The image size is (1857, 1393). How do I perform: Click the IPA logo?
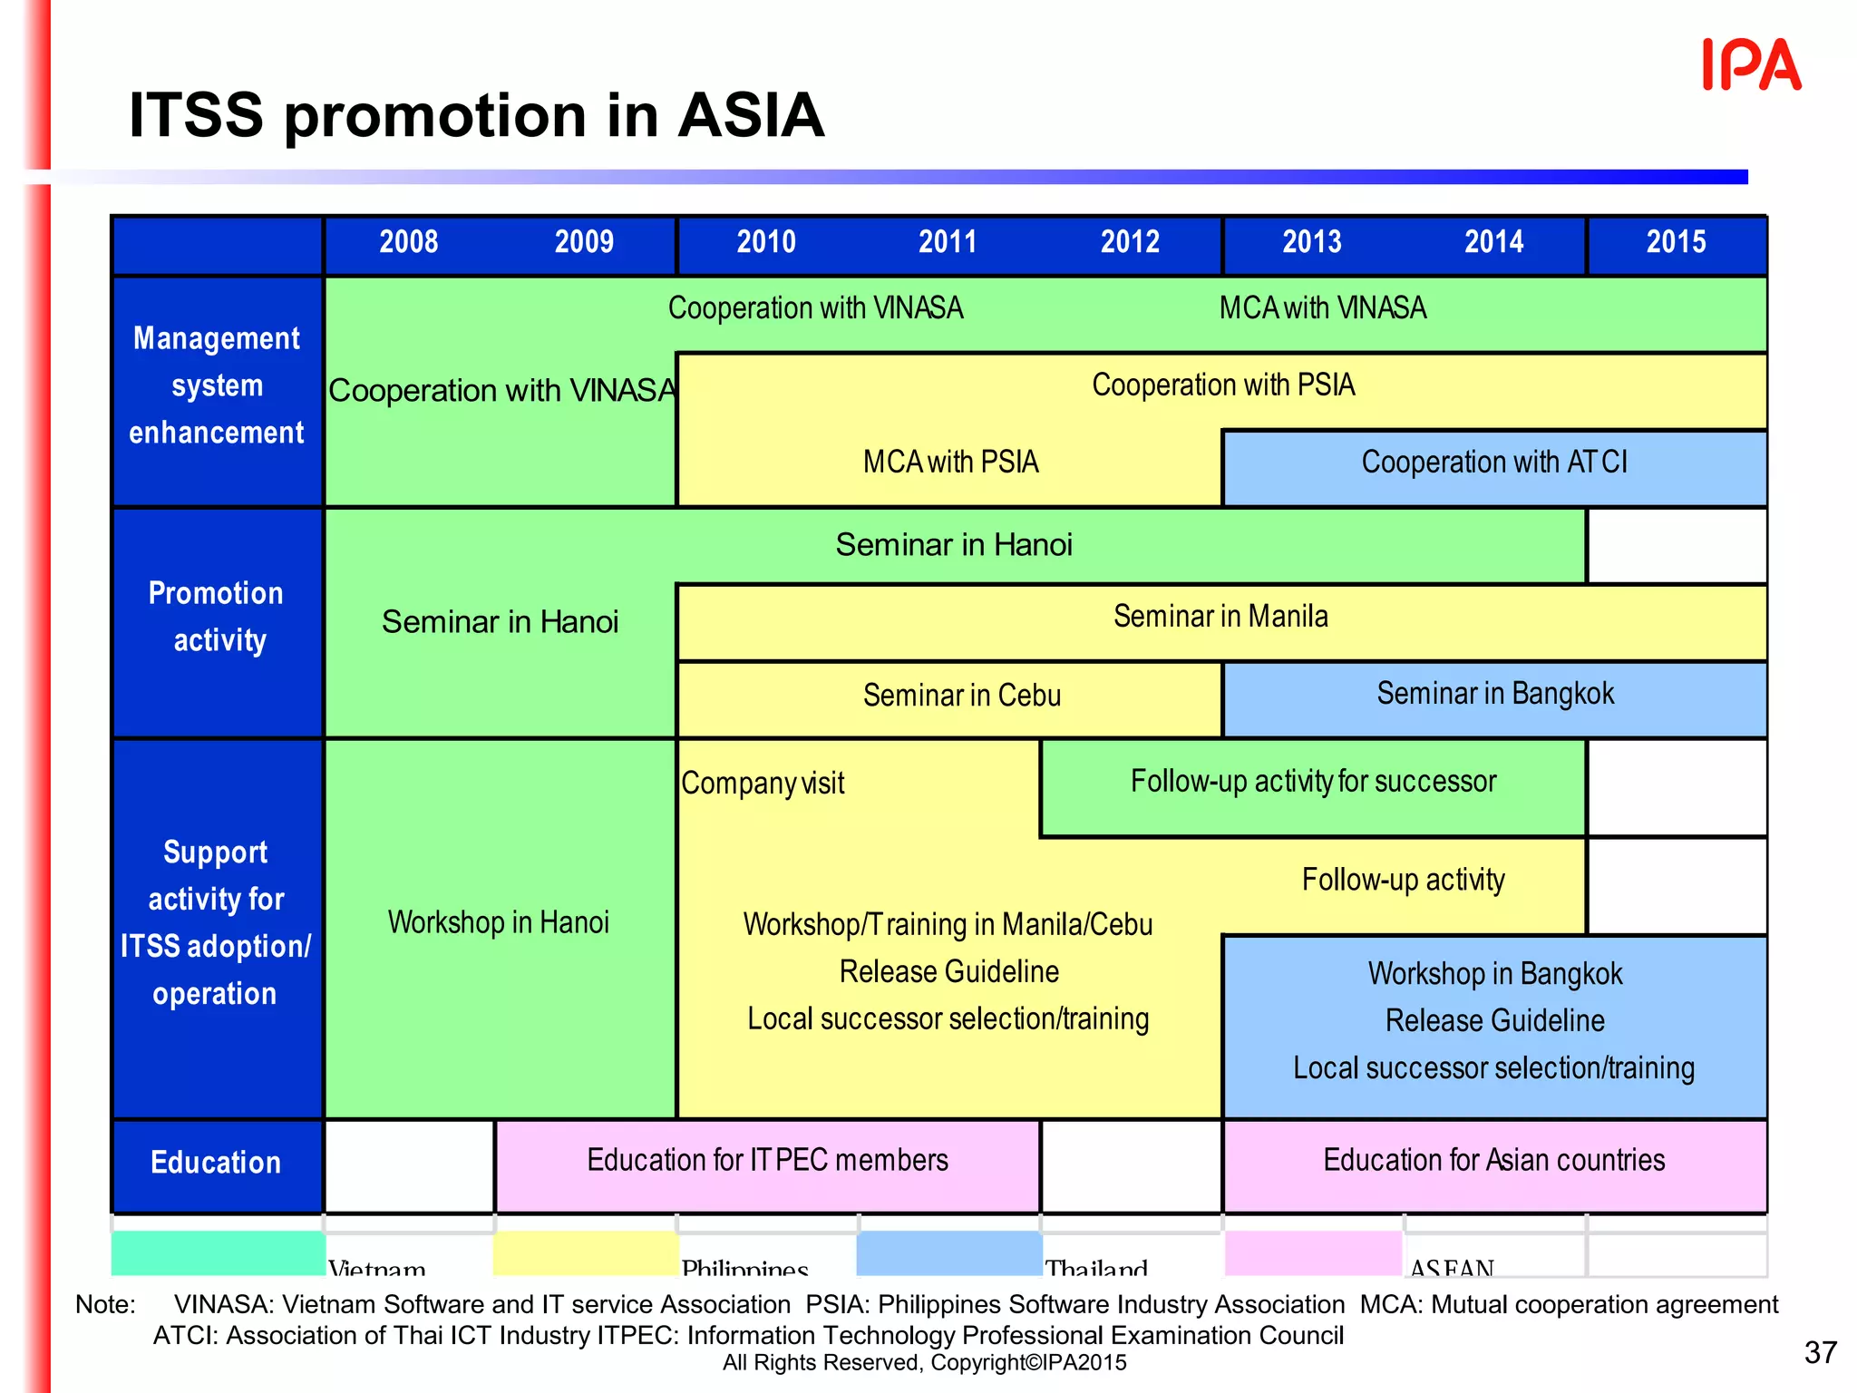tap(1751, 65)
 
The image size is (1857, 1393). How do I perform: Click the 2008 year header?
tap(408, 242)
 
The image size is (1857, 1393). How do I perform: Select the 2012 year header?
tap(1130, 242)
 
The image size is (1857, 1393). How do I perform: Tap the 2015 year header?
tap(1676, 242)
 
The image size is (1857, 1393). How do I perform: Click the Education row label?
tap(216, 1163)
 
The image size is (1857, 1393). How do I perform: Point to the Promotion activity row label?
tap(216, 617)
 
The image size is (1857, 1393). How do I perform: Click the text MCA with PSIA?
tap(950, 463)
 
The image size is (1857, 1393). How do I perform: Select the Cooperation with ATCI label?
tap(1494, 463)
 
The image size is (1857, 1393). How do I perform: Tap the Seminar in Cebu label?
tap(961, 696)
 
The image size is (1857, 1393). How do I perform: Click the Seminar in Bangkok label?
tap(1495, 694)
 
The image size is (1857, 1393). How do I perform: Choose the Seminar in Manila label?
tap(1220, 617)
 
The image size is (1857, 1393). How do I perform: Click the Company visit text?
tap(763, 784)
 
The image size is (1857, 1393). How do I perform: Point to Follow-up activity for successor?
tap(1313, 782)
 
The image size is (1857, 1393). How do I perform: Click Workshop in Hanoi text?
tap(499, 922)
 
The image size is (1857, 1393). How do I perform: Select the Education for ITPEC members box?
tap(767, 1161)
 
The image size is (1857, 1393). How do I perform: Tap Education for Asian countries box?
tap(1493, 1161)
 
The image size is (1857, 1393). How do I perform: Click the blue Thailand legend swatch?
tap(948, 1253)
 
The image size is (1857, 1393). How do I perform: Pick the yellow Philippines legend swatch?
tap(585, 1253)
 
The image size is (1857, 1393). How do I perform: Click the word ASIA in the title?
tap(751, 116)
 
